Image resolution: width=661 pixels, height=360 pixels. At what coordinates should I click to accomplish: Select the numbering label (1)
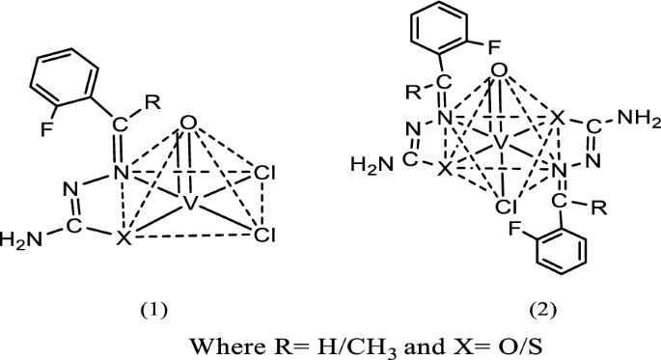point(154,310)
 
